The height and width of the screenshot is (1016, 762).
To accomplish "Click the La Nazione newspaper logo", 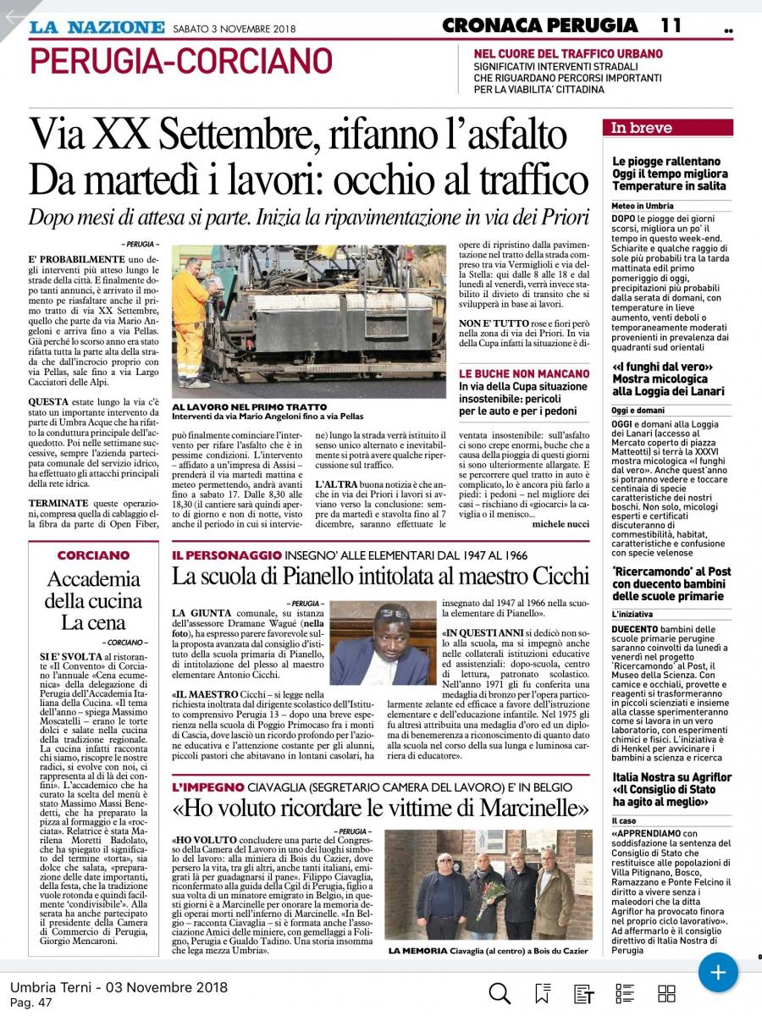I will click(97, 26).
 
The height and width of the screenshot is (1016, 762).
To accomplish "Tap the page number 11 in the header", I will click(671, 25).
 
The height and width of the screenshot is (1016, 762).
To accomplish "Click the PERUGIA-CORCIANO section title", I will click(180, 61).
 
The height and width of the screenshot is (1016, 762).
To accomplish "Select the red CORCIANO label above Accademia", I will click(93, 555).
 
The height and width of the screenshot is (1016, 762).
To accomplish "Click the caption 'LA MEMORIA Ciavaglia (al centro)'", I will click(488, 952).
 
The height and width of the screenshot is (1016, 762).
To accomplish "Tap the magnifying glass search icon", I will click(500, 993).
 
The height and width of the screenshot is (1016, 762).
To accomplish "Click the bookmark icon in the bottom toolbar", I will click(542, 993).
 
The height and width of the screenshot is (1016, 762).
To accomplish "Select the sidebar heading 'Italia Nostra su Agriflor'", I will click(671, 777).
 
